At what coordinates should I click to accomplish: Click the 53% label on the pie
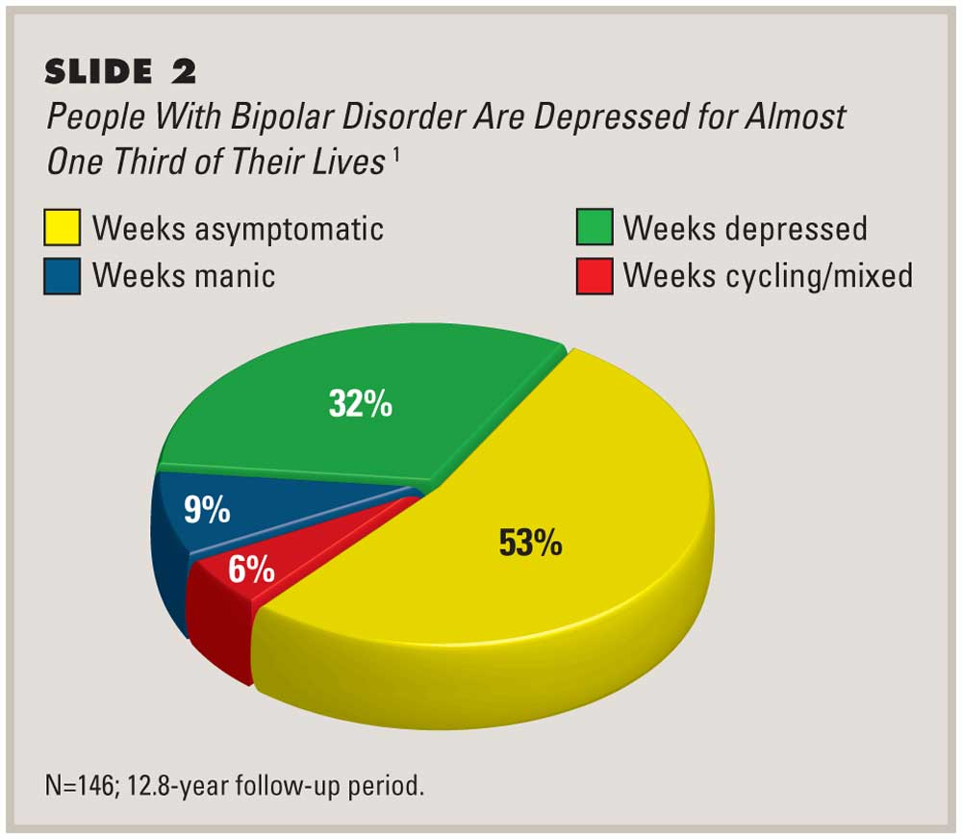click(530, 544)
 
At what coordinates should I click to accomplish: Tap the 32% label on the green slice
click(360, 404)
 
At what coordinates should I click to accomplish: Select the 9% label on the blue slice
click(208, 509)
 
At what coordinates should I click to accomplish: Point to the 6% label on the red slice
click(252, 571)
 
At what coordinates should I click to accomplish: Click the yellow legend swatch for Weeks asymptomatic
click(62, 229)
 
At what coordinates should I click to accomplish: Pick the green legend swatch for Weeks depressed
click(593, 229)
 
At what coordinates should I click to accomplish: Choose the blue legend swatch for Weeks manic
click(62, 276)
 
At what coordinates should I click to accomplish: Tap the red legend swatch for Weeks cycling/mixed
click(593, 276)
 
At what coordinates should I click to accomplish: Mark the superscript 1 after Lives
click(394, 154)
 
